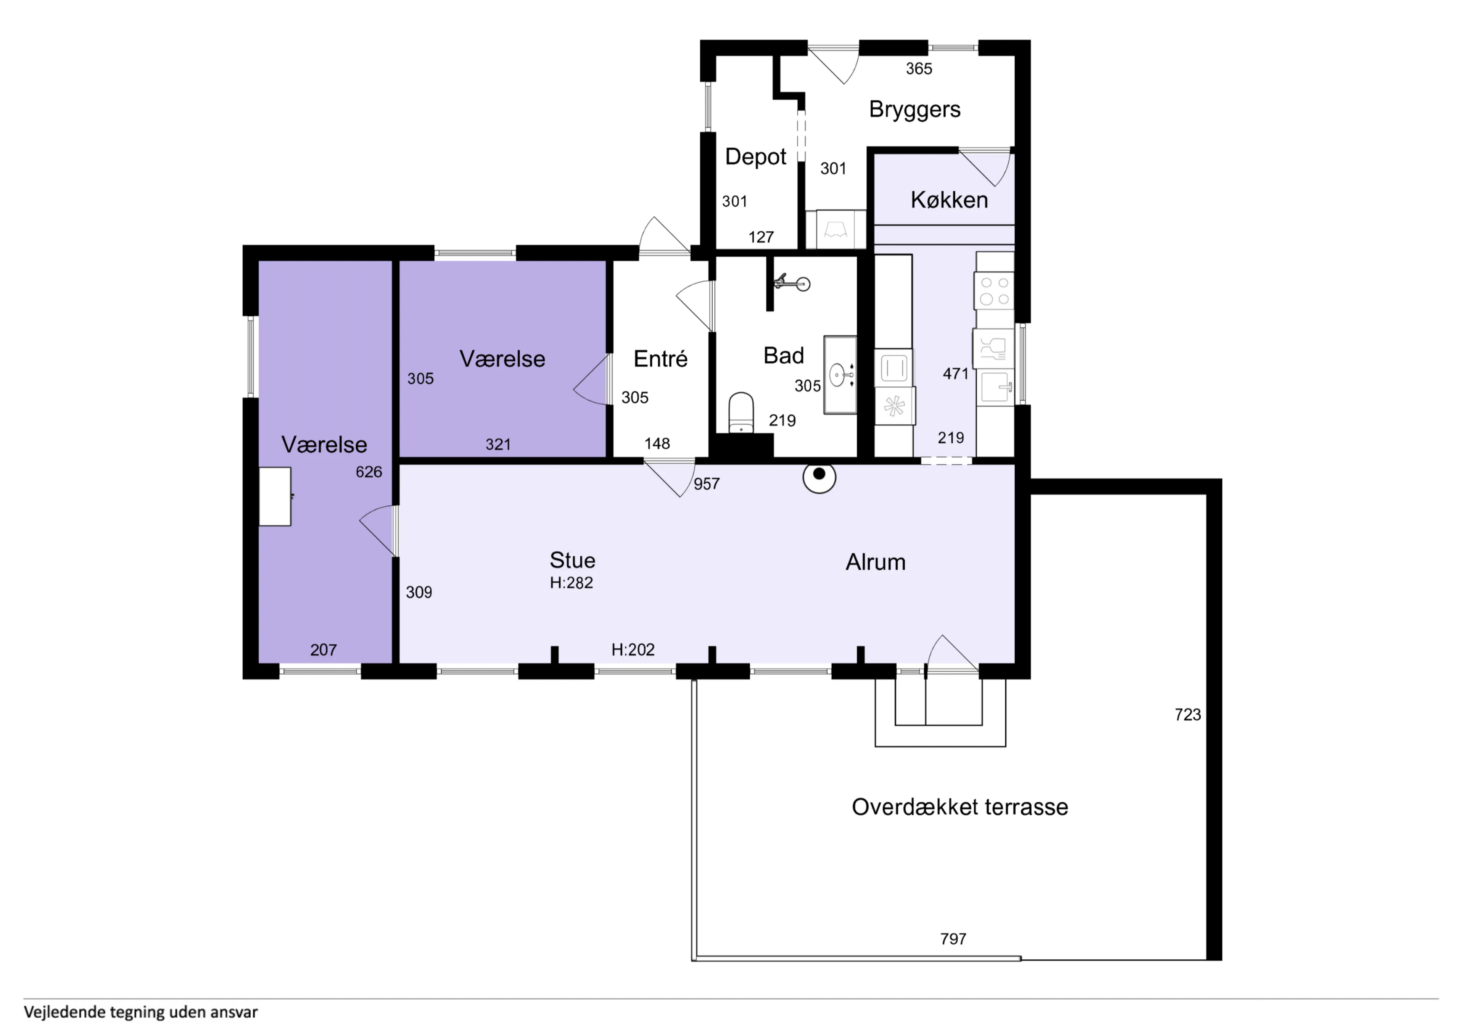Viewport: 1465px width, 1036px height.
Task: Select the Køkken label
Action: pyautogui.click(x=949, y=200)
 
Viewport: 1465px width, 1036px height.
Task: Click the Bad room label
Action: pyautogui.click(x=784, y=356)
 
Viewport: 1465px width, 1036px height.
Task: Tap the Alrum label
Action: pyautogui.click(x=876, y=562)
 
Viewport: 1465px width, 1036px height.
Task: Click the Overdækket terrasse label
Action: pyautogui.click(x=959, y=807)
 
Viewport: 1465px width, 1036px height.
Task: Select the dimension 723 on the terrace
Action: pyautogui.click(x=1187, y=715)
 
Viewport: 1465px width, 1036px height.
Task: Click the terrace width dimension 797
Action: pyautogui.click(x=953, y=939)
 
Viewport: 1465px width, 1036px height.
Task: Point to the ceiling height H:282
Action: pyautogui.click(x=571, y=583)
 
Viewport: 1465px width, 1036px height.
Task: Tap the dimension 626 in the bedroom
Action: pyautogui.click(x=369, y=472)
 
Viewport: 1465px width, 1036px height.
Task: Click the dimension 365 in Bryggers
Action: pyautogui.click(x=919, y=69)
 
